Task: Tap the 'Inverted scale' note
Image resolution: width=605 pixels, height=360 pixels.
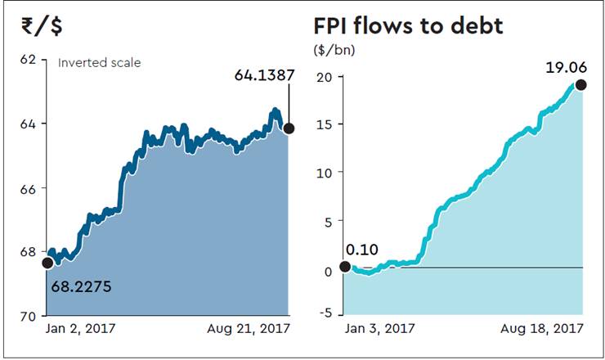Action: pyautogui.click(x=99, y=62)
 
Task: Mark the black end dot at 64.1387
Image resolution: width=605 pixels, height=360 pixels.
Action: pyautogui.click(x=289, y=128)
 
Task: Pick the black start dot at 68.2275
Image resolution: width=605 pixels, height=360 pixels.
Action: pyautogui.click(x=47, y=263)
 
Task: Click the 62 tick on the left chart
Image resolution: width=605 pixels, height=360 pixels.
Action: pyautogui.click(x=29, y=61)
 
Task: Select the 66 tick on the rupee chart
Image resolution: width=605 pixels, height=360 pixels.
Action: pyautogui.click(x=29, y=188)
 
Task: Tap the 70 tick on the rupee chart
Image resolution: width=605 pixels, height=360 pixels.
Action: pyautogui.click(x=29, y=316)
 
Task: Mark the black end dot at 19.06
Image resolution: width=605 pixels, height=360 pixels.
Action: pyautogui.click(x=581, y=84)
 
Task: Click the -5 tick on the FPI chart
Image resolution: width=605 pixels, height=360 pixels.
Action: pyautogui.click(x=324, y=313)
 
